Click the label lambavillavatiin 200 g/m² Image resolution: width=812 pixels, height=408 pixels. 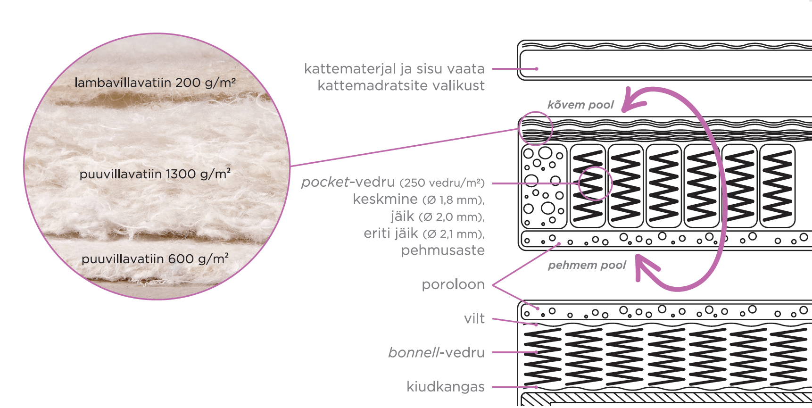pyautogui.click(x=155, y=83)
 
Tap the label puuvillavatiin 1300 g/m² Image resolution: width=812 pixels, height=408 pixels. pyautogui.click(x=155, y=174)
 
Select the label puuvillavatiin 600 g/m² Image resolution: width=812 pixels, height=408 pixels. pyautogui.click(x=155, y=259)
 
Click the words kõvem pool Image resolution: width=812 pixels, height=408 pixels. pyautogui.click(x=580, y=105)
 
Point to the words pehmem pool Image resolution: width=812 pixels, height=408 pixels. pyautogui.click(x=587, y=265)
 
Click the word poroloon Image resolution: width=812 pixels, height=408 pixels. pyautogui.click(x=453, y=284)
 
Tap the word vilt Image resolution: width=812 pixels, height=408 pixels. pyautogui.click(x=474, y=318)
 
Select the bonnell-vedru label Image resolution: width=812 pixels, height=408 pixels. pyautogui.click(x=436, y=352)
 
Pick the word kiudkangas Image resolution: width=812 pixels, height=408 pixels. pyautogui.click(x=446, y=387)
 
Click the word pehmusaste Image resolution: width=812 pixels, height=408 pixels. pyautogui.click(x=443, y=250)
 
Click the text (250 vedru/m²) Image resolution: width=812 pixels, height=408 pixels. pyautogui.click(x=442, y=183)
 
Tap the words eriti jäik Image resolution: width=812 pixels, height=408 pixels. pyautogui.click(x=391, y=233)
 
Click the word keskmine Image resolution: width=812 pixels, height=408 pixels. pyautogui.click(x=385, y=199)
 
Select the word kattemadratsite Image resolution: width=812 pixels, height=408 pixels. pyautogui.click(x=369, y=85)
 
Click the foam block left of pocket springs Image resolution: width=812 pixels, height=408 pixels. pyautogui.click(x=544, y=186)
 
